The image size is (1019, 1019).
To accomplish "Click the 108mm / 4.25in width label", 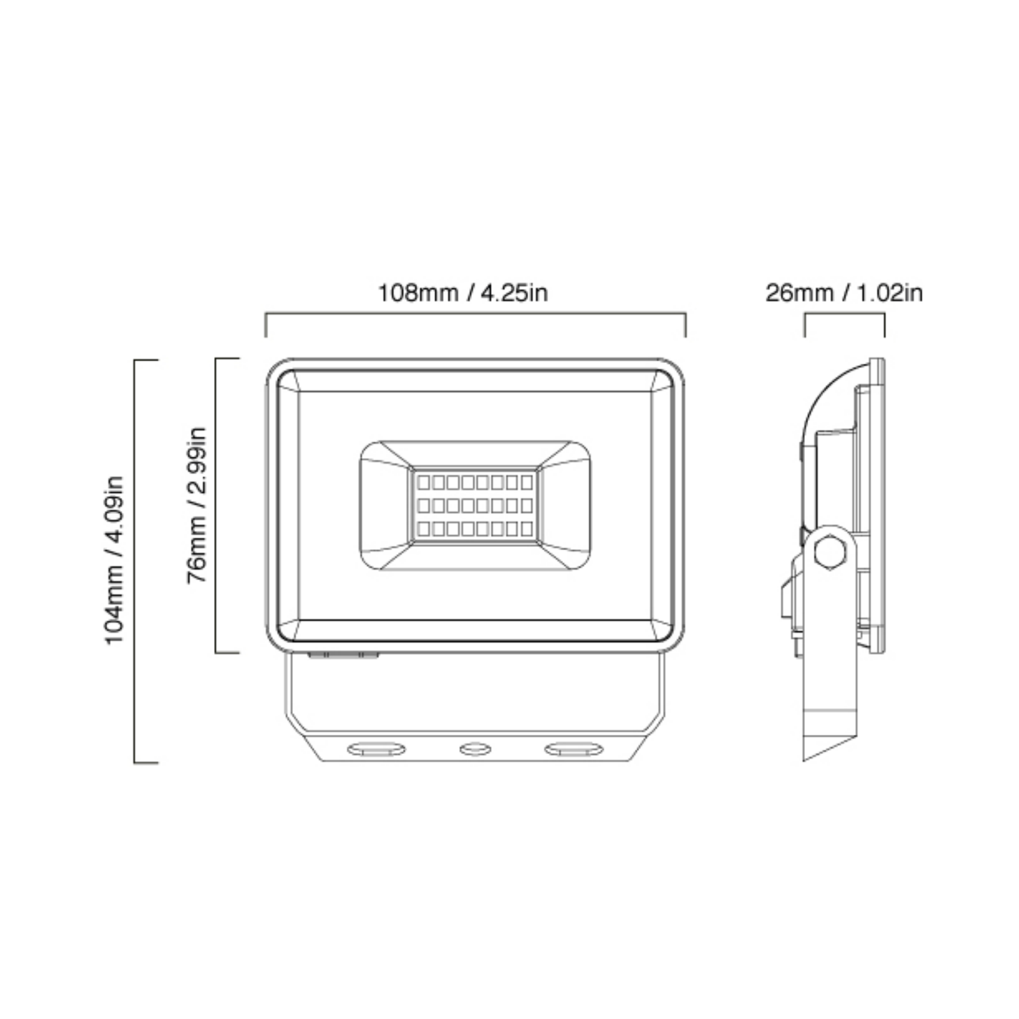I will pyautogui.click(x=463, y=294).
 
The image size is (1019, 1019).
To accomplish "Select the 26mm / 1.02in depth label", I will pyautogui.click(x=843, y=294).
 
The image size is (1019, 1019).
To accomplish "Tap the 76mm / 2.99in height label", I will pyautogui.click(x=197, y=505).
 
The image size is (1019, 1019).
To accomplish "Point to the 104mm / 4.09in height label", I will pyautogui.click(x=115, y=560).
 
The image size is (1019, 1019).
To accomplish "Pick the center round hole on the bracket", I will pyautogui.click(x=475, y=749).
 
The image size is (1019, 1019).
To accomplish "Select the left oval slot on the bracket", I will pyautogui.click(x=376, y=749).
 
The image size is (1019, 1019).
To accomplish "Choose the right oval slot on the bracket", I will pyautogui.click(x=574, y=749).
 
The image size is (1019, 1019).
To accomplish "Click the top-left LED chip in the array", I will pyautogui.click(x=424, y=482).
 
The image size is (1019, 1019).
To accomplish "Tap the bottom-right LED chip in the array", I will pyautogui.click(x=527, y=529).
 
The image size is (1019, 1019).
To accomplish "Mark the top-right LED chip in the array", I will pyautogui.click(x=527, y=482).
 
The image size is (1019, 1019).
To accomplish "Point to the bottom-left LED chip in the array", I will pyautogui.click(x=424, y=529).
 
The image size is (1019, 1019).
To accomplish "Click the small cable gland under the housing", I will pyautogui.click(x=343, y=655).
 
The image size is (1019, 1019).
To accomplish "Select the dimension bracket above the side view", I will pyautogui.click(x=844, y=313).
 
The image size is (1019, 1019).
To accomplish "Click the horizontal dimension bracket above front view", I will pyautogui.click(x=475, y=313).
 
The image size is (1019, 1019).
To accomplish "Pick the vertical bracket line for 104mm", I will pyautogui.click(x=135, y=560).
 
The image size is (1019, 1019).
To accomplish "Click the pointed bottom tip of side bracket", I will pyautogui.click(x=805, y=759).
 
